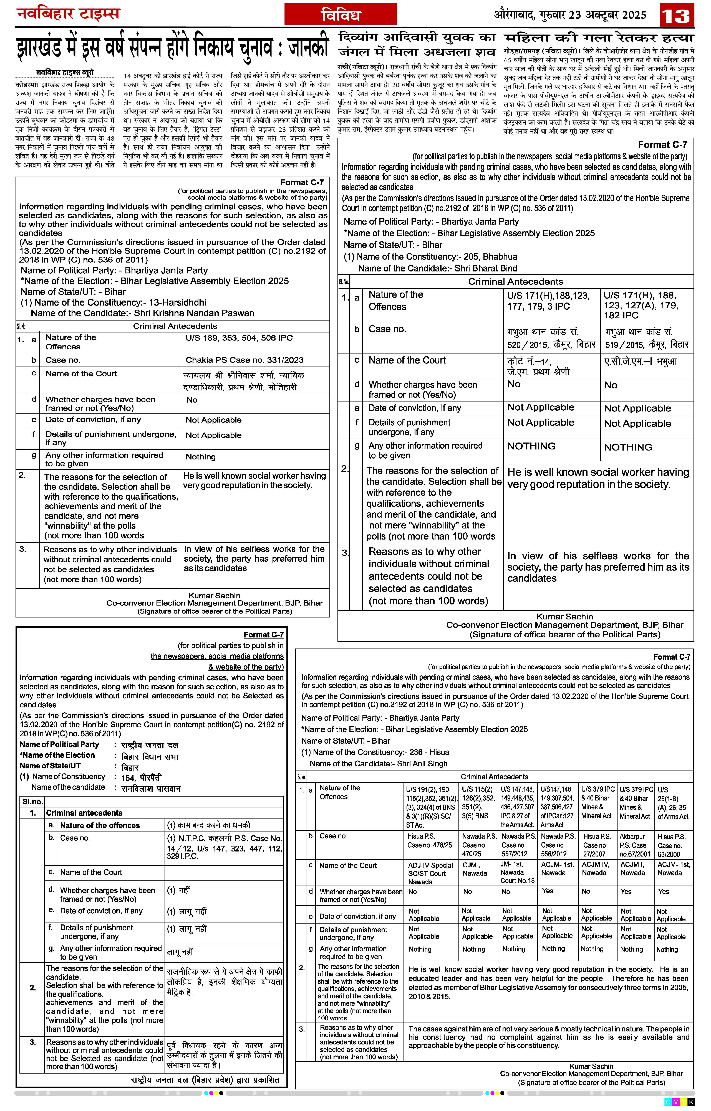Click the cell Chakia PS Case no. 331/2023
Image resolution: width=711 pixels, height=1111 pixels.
[x=244, y=360]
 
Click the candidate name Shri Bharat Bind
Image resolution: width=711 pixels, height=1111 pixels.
[x=486, y=268]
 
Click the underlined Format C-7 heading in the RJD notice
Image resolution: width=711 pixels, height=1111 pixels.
[x=264, y=634]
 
